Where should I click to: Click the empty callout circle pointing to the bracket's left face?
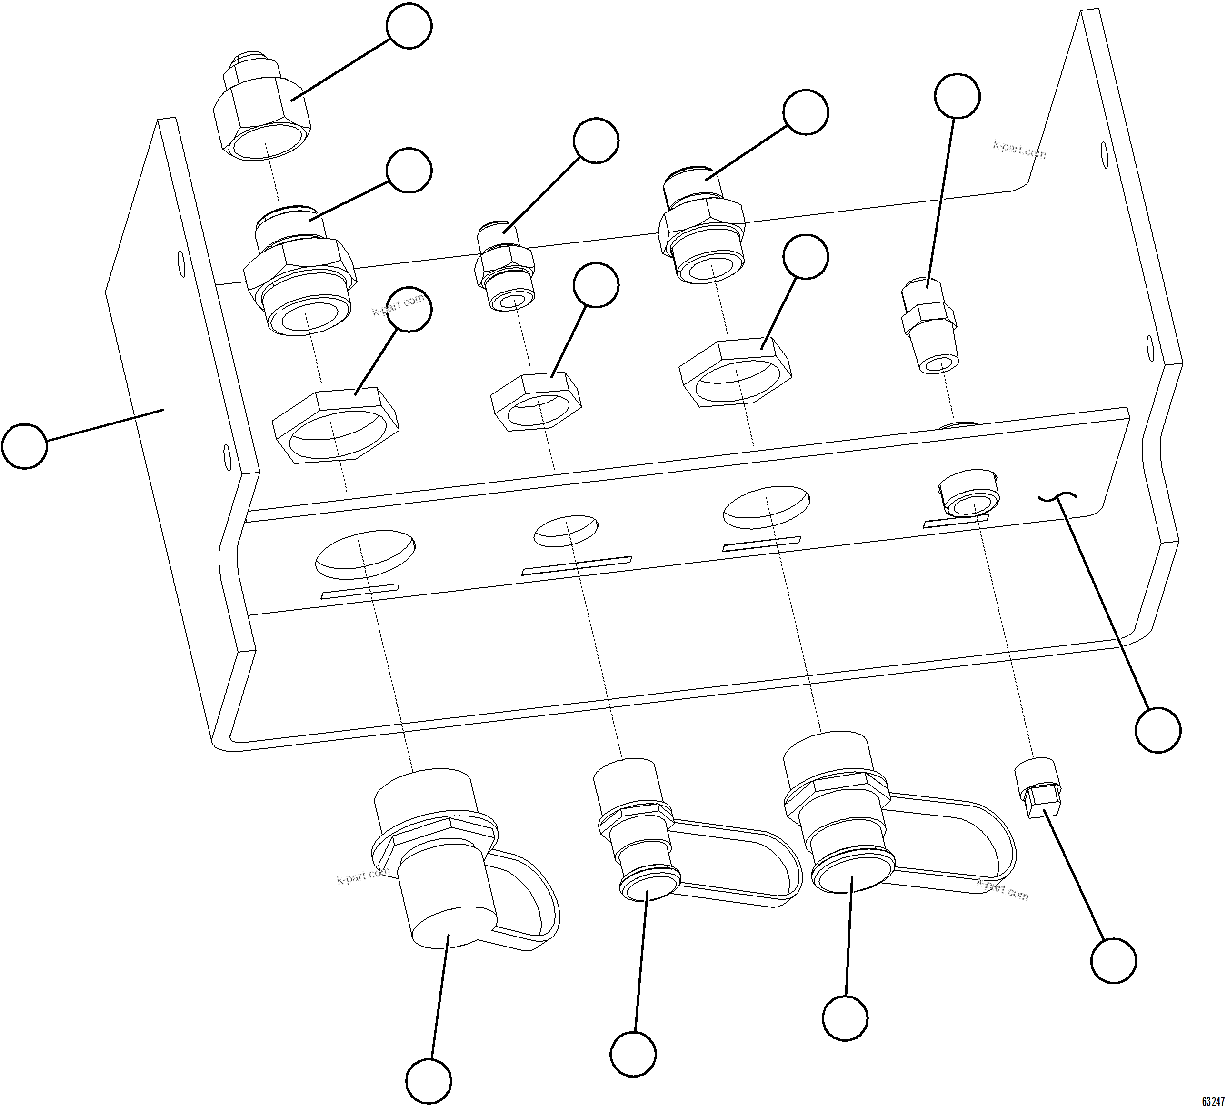[x=24, y=446]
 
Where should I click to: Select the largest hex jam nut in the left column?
[x=335, y=428]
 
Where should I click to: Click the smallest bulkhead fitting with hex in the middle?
[x=505, y=272]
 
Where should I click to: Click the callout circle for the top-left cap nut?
[x=409, y=26]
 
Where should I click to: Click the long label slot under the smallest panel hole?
[x=577, y=565]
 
